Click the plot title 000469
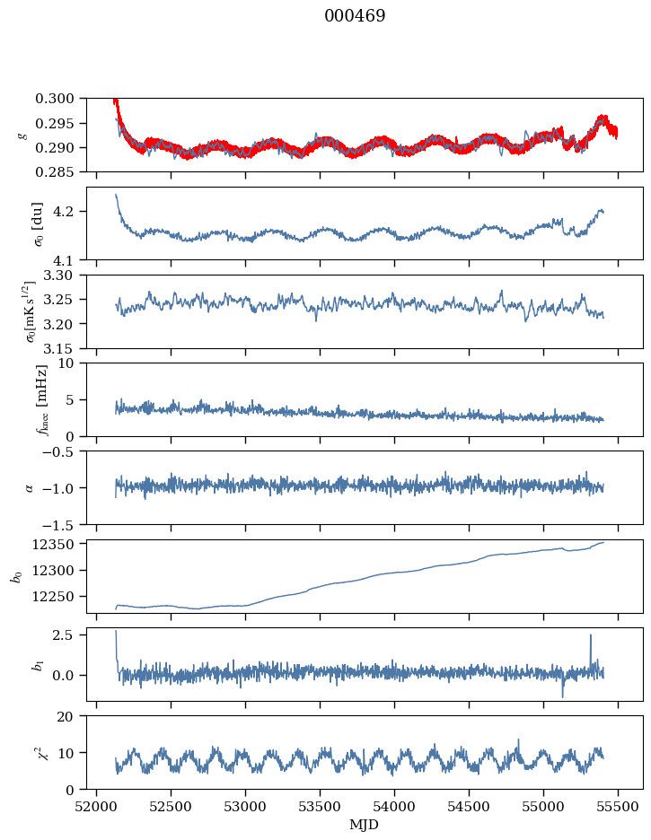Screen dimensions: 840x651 coord(355,16)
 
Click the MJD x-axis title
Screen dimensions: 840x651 coord(364,825)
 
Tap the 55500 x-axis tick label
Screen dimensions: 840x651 coord(618,805)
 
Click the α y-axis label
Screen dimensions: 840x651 coord(29,487)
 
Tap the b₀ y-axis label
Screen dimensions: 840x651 coord(15,576)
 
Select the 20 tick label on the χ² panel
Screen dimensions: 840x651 coord(74,716)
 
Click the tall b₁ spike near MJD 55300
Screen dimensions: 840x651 coord(591,636)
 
